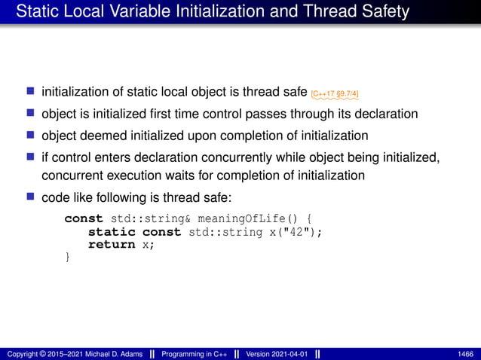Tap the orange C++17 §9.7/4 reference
pos(335,93)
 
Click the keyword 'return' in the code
pos(112,244)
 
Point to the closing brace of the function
pos(68,257)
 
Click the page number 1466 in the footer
pos(465,353)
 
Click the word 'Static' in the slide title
pos(35,11)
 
